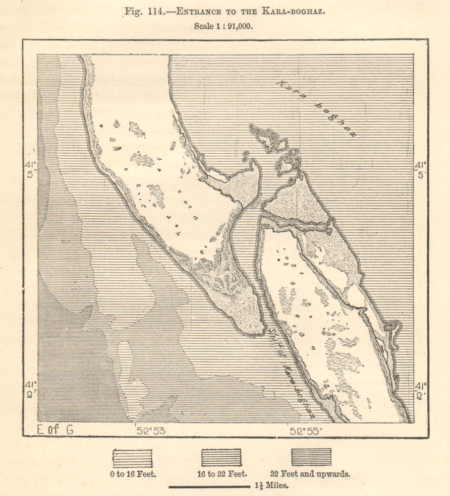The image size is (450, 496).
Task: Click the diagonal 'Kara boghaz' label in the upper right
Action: pyautogui.click(x=316, y=109)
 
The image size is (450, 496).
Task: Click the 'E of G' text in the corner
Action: pyautogui.click(x=56, y=430)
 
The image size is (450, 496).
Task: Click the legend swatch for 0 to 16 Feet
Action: pyautogui.click(x=132, y=458)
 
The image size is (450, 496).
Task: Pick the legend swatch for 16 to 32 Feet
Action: pyautogui.click(x=221, y=458)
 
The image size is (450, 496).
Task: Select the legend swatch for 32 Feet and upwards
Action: pyautogui.click(x=311, y=457)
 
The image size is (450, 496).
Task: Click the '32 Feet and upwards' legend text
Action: pyautogui.click(x=311, y=474)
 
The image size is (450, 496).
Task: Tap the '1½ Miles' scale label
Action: pyautogui.click(x=271, y=487)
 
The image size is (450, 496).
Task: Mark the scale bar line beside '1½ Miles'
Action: pyautogui.click(x=209, y=487)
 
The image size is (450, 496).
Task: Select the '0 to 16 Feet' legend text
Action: pyautogui.click(x=133, y=474)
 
